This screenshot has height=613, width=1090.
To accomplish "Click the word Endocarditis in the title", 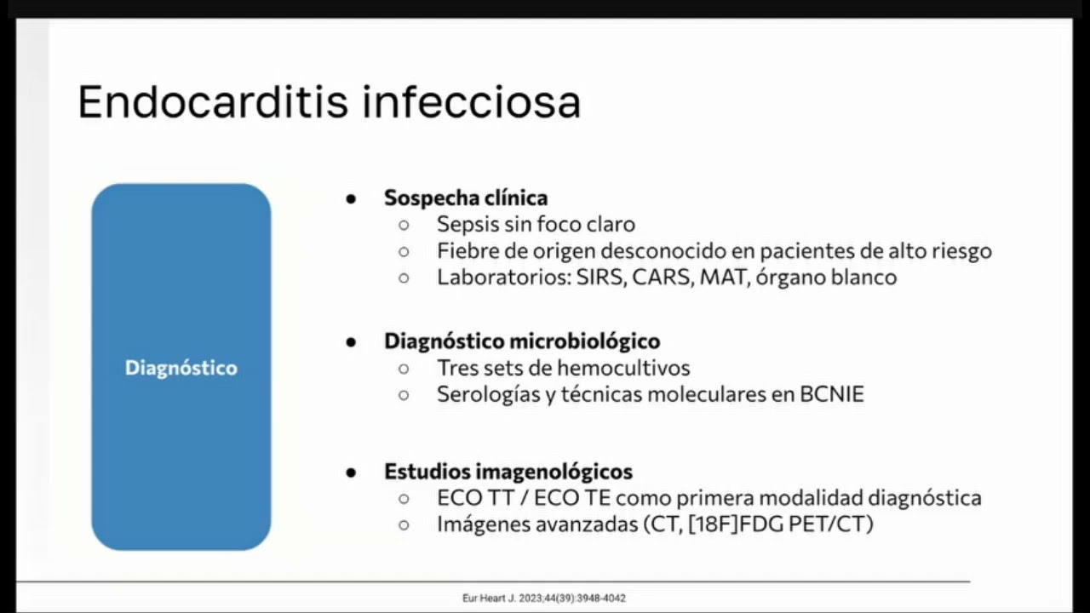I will (x=214, y=102).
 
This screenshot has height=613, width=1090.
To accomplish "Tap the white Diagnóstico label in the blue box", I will (x=181, y=368).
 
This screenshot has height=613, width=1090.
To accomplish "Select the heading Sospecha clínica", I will (x=466, y=198).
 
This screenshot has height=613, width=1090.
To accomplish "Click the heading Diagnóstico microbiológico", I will (x=522, y=341).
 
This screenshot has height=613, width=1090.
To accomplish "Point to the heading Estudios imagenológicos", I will (x=508, y=471).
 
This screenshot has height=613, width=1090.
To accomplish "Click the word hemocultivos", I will (x=624, y=368).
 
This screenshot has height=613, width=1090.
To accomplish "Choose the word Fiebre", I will (x=466, y=251).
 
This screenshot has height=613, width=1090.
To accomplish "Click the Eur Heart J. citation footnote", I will (x=544, y=599).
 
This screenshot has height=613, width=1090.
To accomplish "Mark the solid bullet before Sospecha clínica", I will (x=351, y=198).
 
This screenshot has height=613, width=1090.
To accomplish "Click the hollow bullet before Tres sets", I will (x=404, y=369).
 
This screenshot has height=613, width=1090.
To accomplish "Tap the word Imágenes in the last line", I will (x=482, y=524).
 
